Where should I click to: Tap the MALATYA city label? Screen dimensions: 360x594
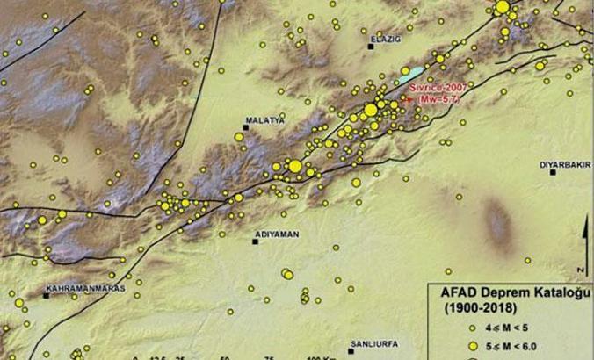pyautogui.click(x=266, y=121)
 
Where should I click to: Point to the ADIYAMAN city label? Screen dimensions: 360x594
pyautogui.click(x=272, y=234)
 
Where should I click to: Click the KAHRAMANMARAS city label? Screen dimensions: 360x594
pyautogui.click(x=86, y=288)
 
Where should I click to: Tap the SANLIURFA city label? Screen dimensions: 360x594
pyautogui.click(x=373, y=343)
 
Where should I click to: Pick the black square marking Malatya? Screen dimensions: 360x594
pyautogui.click(x=247, y=128)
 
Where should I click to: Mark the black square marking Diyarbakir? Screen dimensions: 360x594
pyautogui.click(x=553, y=173)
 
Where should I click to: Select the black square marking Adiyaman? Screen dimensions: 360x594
pyautogui.click(x=255, y=241)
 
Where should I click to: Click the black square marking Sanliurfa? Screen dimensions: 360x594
pyautogui.click(x=351, y=351)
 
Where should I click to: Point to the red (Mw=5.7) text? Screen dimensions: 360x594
pyautogui.click(x=448, y=98)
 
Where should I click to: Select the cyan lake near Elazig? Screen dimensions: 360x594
pyautogui.click(x=409, y=76)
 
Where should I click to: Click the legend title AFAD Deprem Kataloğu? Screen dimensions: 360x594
pyautogui.click(x=510, y=293)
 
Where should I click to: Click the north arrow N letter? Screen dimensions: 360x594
pyautogui.click(x=581, y=268)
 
